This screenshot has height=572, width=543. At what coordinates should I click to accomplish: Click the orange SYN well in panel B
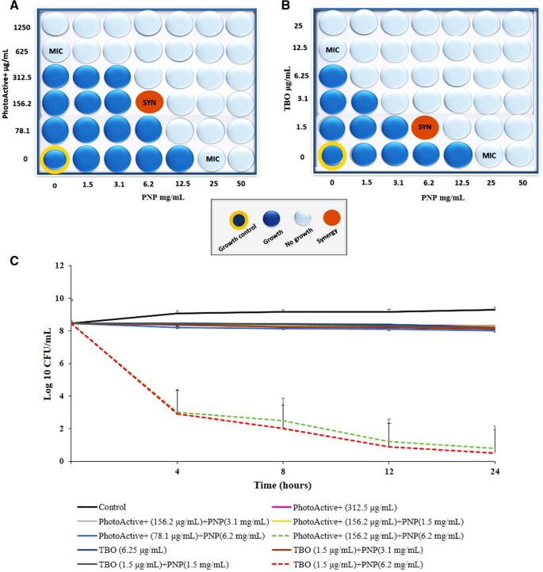(x=425, y=127)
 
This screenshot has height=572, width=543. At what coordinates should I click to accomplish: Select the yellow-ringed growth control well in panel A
(x=55, y=158)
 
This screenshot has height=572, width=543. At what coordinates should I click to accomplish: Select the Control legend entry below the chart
(x=113, y=506)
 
